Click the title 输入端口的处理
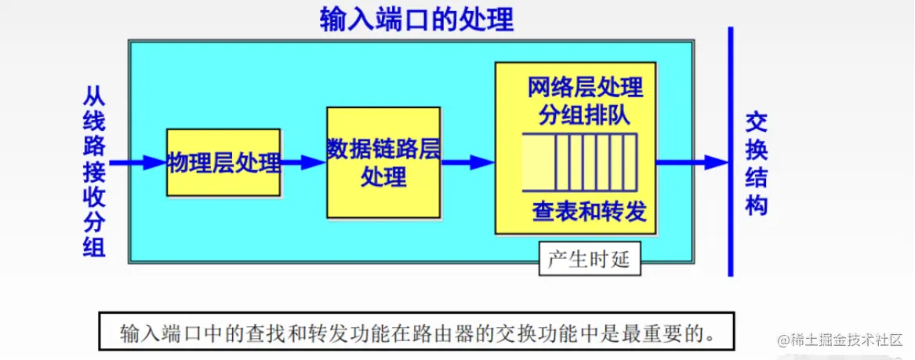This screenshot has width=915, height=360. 416,19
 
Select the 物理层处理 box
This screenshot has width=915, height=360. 223,162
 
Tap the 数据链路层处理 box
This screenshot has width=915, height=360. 383,162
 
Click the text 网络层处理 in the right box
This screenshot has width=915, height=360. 586,86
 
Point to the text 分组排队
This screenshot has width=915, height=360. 586,115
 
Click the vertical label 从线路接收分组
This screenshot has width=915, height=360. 94,173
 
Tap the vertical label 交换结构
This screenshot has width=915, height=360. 756,163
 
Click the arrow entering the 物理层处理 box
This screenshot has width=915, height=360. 137,162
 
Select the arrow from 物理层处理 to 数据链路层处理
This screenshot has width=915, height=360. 303,162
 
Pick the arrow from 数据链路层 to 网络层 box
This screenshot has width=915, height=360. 468,162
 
